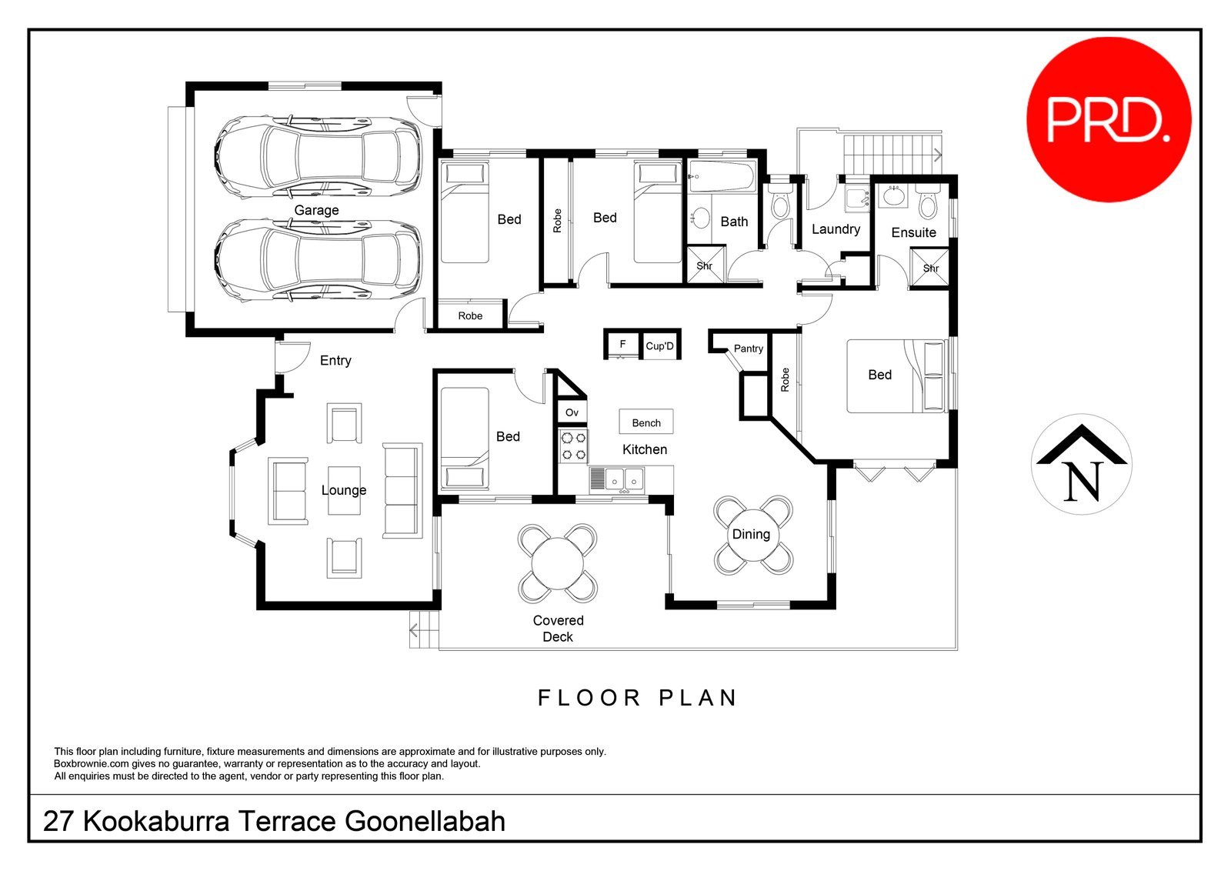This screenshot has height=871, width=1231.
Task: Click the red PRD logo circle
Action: click(1109, 119)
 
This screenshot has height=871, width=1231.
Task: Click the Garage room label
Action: click(316, 210)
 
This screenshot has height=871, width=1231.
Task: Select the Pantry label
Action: click(748, 349)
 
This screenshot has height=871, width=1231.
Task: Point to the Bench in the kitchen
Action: click(646, 422)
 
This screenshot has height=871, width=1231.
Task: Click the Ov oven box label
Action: click(572, 412)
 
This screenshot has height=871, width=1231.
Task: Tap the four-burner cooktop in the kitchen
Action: click(573, 446)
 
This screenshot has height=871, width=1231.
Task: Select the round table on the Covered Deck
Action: click(558, 563)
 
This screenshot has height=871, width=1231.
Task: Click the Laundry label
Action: click(836, 229)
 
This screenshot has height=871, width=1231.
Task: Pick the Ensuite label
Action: click(913, 232)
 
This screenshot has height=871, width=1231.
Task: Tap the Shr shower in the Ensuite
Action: click(929, 268)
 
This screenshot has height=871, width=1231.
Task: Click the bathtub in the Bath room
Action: click(722, 177)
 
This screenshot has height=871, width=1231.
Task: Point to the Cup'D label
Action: click(659, 346)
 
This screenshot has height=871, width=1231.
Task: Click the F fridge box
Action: click(622, 344)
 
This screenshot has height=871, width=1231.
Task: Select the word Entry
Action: click(335, 360)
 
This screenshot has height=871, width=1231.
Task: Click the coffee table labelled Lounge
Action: click(344, 490)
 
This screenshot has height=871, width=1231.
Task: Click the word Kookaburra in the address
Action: click(156, 821)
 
